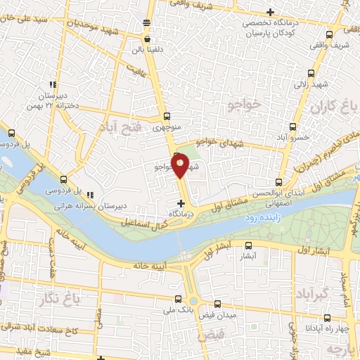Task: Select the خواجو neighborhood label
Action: pos(244,105)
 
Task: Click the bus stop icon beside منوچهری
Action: pos(166,117)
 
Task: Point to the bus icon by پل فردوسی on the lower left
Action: pos(65,180)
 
